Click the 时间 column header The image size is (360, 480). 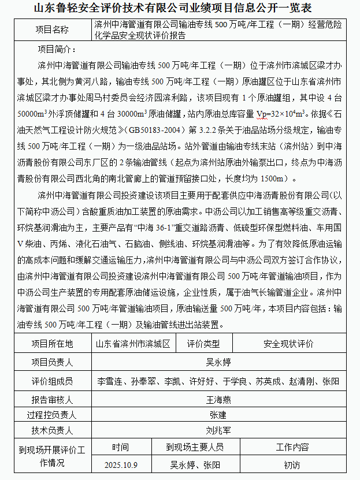coord(121,447)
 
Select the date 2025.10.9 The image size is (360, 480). coord(121,464)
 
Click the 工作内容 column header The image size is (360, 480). coord(292,447)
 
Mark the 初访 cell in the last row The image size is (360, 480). coord(292,464)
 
